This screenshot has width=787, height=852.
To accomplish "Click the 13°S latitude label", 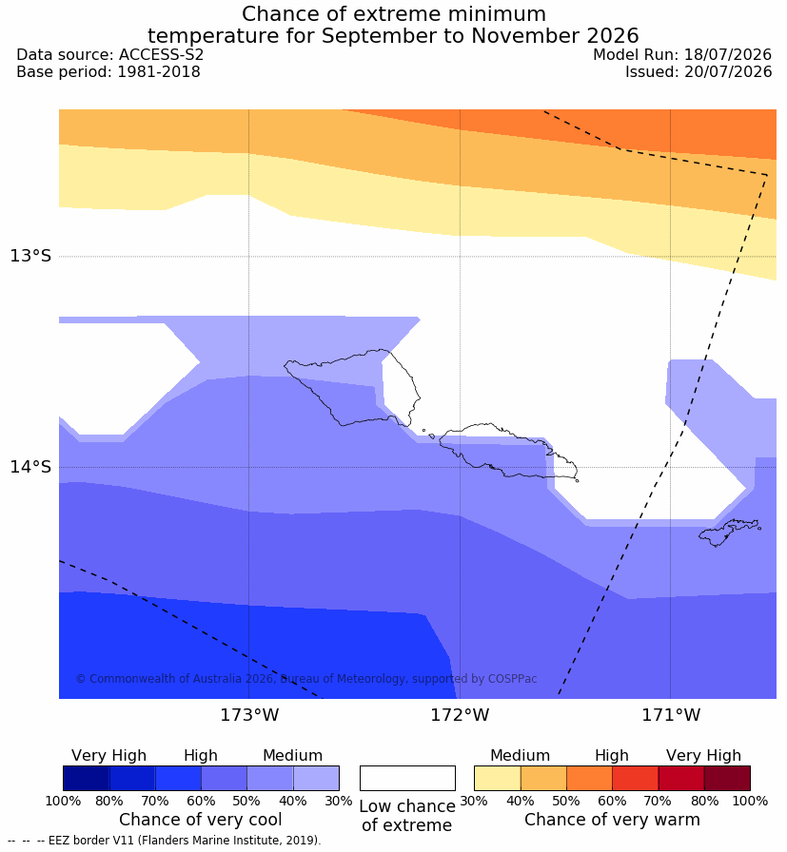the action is (30, 256).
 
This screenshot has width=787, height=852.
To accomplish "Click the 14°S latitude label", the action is (30, 466).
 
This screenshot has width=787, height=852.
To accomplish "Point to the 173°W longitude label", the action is (249, 714).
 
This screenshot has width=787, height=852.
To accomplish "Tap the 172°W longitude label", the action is (461, 714).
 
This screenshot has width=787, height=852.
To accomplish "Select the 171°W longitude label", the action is (671, 714).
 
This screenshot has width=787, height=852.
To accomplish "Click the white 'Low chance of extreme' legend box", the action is (407, 778).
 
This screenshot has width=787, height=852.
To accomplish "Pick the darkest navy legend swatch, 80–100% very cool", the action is (86, 778).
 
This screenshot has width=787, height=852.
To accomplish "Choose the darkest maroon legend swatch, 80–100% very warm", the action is (727, 778).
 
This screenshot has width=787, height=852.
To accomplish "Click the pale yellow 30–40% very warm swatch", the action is (497, 778).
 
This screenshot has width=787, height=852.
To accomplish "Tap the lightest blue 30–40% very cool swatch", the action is (316, 778).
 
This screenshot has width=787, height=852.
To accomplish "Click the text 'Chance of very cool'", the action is (200, 820).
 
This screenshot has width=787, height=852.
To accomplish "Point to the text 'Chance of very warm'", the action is (612, 820).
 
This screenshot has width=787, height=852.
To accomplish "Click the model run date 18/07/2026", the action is (728, 55).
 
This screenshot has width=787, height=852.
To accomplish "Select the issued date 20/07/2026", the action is (728, 71).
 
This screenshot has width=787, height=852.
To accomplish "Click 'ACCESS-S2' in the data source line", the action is (161, 55).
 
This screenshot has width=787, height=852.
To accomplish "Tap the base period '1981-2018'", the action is (159, 71).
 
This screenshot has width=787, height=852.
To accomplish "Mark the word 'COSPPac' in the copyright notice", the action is (512, 679).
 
